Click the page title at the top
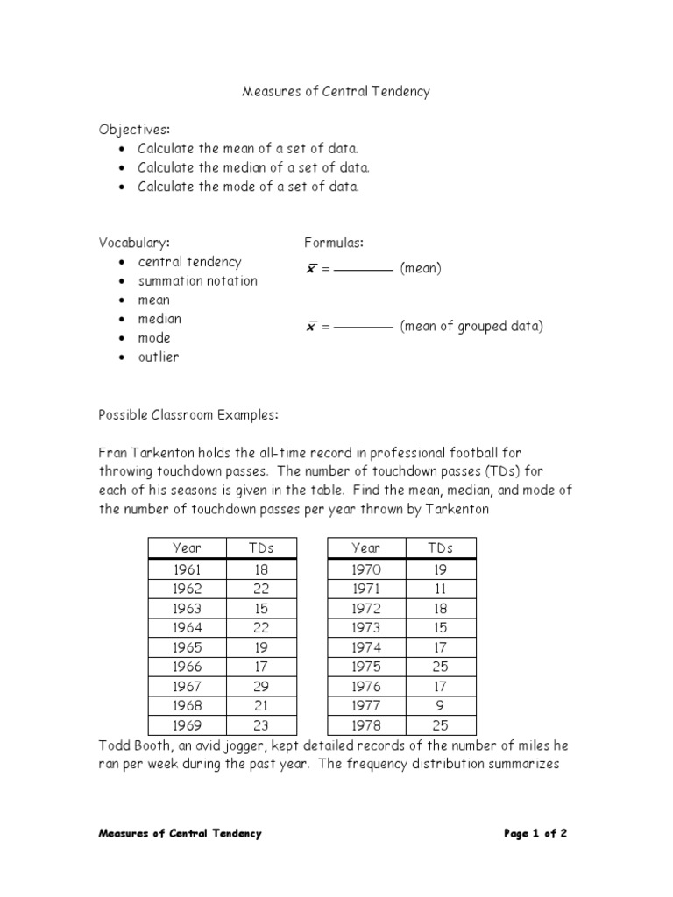click(x=336, y=91)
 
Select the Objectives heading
click(x=134, y=130)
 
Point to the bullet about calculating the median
click(x=253, y=167)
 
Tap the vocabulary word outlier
click(x=158, y=357)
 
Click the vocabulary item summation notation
click(x=197, y=281)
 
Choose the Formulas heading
click(x=334, y=243)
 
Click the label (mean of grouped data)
click(x=471, y=327)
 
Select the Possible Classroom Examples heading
click(x=188, y=414)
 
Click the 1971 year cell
click(x=365, y=589)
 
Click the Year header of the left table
click(x=187, y=548)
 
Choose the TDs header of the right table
click(x=440, y=548)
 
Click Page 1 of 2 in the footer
click(x=535, y=834)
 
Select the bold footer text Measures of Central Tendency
click(x=180, y=834)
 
